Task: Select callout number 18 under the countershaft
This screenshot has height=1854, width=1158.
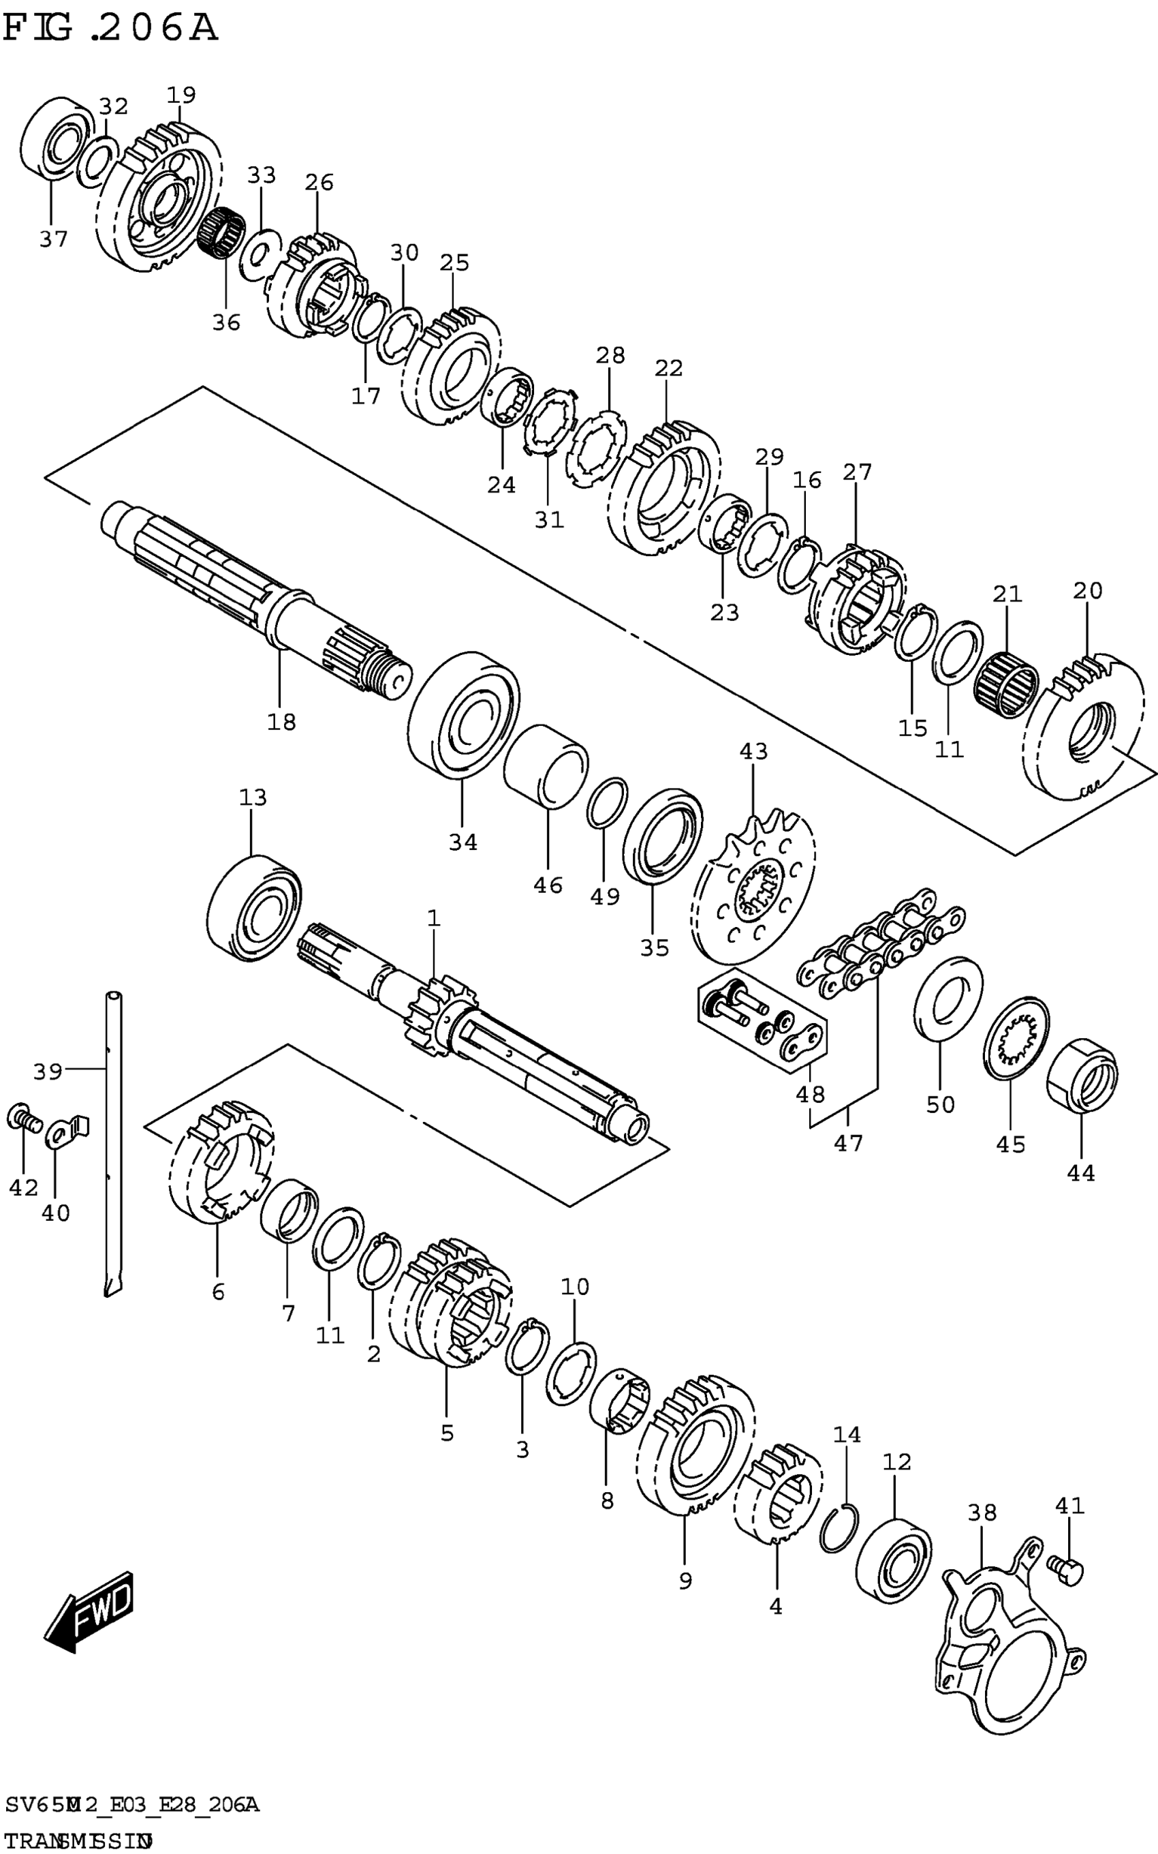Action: pyautogui.click(x=281, y=722)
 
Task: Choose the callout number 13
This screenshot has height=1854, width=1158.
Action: pyautogui.click(x=253, y=798)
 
